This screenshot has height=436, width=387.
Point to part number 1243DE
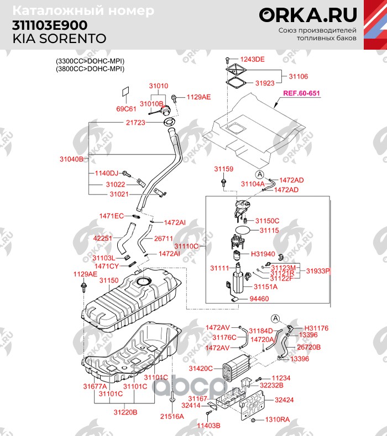coord(252,59)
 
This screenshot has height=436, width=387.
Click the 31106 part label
coord(299,77)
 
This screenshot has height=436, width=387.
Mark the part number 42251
coord(103,238)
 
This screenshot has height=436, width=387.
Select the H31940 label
coord(263,253)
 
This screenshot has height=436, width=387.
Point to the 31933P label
coord(318,271)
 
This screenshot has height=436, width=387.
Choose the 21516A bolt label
coord(172,416)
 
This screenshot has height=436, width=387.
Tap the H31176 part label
coord(316,328)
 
